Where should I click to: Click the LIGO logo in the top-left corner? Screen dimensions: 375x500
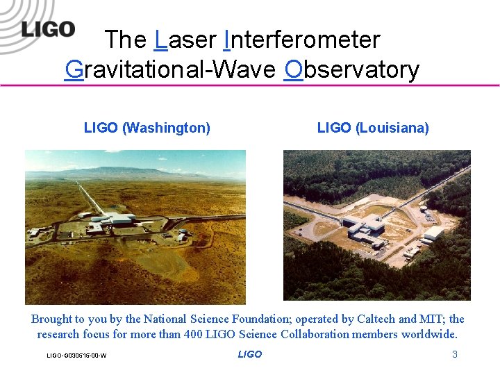pos(47,28)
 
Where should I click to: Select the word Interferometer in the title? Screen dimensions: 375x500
pos(302,40)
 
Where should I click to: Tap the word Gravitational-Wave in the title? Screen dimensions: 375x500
pos(171,69)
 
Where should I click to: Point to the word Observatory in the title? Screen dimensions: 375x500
pos(352,69)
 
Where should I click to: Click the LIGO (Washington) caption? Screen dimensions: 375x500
pos(147,128)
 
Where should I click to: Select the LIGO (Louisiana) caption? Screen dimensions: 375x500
pos(373,128)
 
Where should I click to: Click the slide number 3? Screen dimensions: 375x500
pos(455,354)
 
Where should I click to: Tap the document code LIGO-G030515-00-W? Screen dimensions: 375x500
pos(76,356)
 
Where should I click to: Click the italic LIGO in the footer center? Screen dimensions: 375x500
pos(249,354)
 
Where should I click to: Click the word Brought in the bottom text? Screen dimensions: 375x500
pos(51,319)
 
